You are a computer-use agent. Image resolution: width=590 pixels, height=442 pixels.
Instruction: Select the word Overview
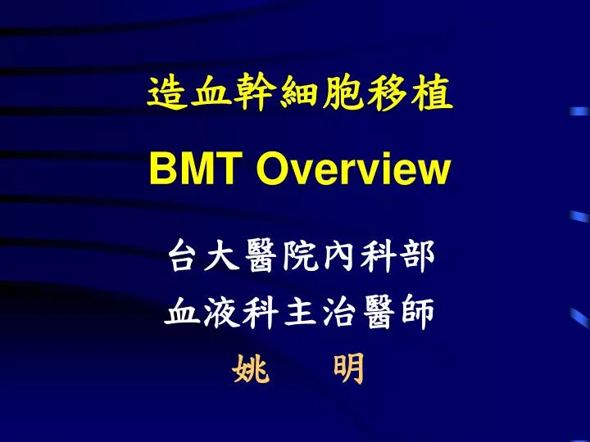[x=353, y=170]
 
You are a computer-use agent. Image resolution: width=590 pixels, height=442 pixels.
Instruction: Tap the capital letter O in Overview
[x=272, y=170]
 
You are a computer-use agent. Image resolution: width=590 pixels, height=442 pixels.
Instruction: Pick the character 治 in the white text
[x=338, y=313]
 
